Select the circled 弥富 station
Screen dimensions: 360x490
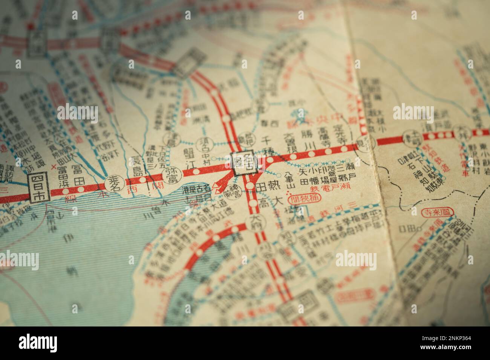point(170,175)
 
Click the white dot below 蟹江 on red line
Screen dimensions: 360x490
point(196,171)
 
